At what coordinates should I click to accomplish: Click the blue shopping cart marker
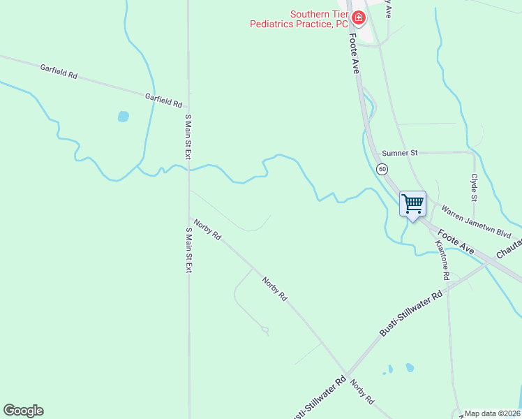(412, 204)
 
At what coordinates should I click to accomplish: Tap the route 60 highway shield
(382, 169)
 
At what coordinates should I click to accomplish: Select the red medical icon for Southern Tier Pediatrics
(358, 17)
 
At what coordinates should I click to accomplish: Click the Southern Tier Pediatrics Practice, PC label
(299, 19)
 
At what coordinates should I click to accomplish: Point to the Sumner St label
(399, 153)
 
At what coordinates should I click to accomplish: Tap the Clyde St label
(474, 186)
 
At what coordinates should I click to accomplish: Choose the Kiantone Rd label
(441, 256)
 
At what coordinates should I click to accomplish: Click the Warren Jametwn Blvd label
(477, 222)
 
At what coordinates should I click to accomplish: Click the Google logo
(23, 411)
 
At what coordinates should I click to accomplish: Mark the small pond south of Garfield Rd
(124, 117)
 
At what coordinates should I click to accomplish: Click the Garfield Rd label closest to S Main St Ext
(163, 101)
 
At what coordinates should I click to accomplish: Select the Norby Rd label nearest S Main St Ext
(207, 230)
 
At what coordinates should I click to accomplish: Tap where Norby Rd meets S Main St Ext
(189, 214)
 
